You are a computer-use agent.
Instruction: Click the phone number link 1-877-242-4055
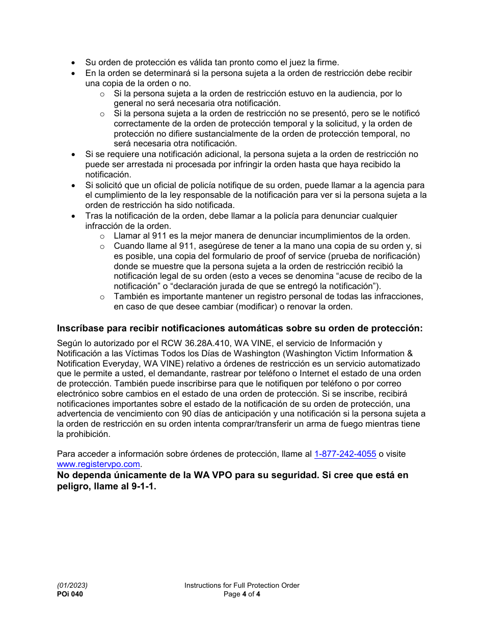pyautogui.click(x=345, y=454)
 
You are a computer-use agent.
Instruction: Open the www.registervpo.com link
pyautogui.click(x=98, y=464)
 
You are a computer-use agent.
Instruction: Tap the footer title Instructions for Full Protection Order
pyautogui.click(x=241, y=585)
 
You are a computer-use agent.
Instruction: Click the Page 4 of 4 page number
pyautogui.click(x=241, y=594)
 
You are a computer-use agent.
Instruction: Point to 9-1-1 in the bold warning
pyautogui.click(x=143, y=486)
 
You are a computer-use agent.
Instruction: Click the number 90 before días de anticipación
pyautogui.click(x=186, y=414)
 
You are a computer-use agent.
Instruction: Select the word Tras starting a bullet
pyautogui.click(x=94, y=216)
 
